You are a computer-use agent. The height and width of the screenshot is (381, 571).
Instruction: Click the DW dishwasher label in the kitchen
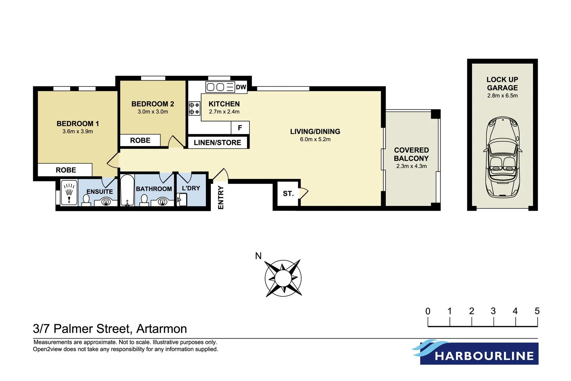[241, 87]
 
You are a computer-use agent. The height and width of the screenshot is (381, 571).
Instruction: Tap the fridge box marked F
[240, 128]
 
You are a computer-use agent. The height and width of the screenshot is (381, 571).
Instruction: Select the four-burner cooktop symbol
[194, 108]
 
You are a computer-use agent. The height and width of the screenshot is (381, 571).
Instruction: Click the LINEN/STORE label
[217, 143]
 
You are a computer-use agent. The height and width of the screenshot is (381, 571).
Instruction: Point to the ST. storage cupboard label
[288, 193]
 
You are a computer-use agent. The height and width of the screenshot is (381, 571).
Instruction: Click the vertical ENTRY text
[221, 198]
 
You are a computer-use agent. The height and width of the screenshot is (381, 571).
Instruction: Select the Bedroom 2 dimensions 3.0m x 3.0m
[153, 112]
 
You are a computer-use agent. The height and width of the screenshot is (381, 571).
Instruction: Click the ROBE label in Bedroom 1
[66, 170]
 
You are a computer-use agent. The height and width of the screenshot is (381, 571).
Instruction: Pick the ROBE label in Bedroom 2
[140, 140]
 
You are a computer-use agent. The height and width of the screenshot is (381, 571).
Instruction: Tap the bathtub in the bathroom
[127, 190]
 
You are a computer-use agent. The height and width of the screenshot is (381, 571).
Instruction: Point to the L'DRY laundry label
[191, 188]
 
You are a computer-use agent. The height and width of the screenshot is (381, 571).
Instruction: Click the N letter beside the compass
[258, 256]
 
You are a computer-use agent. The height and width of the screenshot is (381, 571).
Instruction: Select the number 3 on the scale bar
[493, 311]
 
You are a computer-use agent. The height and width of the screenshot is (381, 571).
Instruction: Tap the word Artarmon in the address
[161, 329]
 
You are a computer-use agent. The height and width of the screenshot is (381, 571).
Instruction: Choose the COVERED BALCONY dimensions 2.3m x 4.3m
[411, 166]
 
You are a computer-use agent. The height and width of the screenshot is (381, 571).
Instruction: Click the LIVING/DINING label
[315, 132]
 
